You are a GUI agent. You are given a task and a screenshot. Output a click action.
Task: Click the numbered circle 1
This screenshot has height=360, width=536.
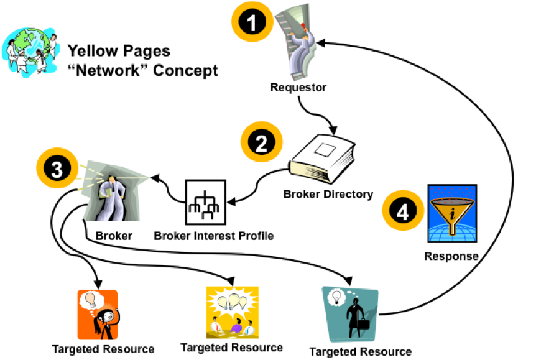pos(252,22)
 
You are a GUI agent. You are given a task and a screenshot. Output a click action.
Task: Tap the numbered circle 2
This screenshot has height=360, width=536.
pos(262,142)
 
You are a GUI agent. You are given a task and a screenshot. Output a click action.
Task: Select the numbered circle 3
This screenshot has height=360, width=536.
pos(57,168)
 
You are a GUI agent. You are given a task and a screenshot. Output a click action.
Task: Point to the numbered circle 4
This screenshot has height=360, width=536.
pos(403,211)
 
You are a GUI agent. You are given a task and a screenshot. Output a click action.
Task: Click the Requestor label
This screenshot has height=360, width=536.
pos(298,88)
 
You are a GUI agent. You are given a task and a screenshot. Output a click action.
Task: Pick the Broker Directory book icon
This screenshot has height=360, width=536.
pos(322,159)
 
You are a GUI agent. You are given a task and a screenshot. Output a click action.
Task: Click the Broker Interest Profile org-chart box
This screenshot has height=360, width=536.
pos(205,202)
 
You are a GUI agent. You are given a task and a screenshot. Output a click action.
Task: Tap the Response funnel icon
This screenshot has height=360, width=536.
pos(452,213)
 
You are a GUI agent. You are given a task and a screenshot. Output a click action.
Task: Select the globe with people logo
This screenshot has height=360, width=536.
pos(30,52)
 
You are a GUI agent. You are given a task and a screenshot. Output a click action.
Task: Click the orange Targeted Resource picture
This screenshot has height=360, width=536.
pos(98,315)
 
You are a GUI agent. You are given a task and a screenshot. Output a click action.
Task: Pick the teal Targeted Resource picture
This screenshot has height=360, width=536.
pos(350,314)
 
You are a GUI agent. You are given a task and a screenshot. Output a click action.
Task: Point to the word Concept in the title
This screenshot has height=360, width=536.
pos(185,70)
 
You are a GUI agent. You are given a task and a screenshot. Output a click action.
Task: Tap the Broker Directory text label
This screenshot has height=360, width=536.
pos(328,194)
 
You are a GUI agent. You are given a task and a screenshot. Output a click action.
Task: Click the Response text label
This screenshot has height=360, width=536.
pos(451,256)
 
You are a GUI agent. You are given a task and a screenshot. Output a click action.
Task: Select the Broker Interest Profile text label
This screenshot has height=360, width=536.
pos(214,236)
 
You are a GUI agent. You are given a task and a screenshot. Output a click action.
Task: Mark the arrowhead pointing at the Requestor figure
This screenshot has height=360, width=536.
pos(321,43)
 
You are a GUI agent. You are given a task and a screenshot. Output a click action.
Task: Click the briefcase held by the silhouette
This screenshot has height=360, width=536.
pos(364,324)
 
